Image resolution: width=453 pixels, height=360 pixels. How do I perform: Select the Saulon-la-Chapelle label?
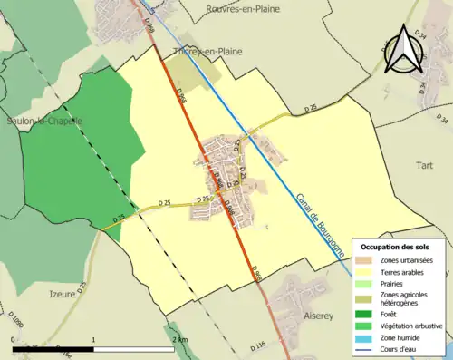coord(43,121)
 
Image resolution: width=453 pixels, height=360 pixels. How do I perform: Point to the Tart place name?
coord(424,166)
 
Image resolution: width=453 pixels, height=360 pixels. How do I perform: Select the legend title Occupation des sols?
coord(401,247)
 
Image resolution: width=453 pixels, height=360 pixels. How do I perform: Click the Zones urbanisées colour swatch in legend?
coord(369,260)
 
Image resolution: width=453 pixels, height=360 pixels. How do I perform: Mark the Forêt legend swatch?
coord(369,315)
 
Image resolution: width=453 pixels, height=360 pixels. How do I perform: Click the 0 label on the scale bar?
coord(14,338)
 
